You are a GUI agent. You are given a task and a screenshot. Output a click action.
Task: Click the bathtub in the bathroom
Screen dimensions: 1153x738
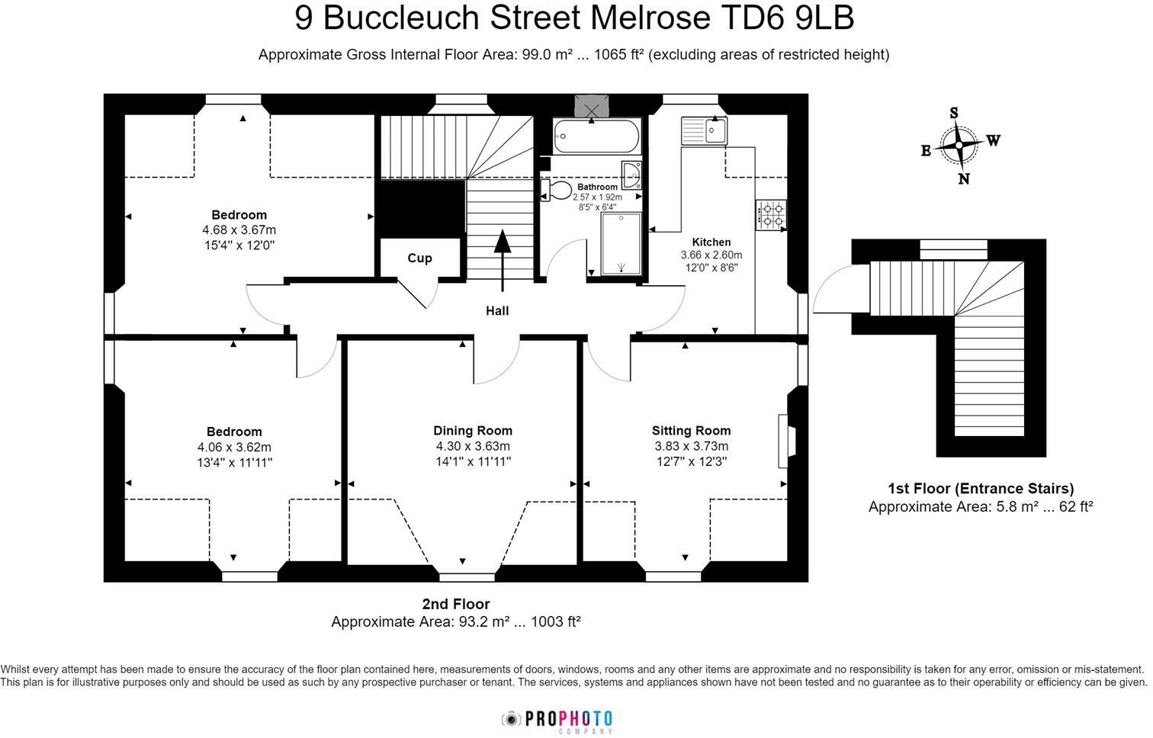pos(597,136)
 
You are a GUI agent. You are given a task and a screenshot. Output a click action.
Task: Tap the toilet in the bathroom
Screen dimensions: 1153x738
pos(556,191)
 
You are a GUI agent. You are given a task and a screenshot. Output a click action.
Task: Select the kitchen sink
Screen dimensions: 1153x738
pos(704,130)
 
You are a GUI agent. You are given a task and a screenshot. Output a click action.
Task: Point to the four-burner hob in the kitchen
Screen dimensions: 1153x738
pos(771,214)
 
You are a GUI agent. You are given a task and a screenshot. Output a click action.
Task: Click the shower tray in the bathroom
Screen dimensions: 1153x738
pos(621,244)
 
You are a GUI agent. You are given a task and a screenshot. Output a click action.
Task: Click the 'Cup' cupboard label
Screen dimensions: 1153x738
pos(419,258)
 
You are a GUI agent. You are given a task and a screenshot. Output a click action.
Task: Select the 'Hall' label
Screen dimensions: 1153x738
pos(497,311)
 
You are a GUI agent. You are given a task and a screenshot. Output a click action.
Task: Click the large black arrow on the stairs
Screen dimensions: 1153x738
pos(503,262)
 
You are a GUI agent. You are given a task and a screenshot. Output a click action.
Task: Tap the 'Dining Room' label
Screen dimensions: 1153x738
pos(473,431)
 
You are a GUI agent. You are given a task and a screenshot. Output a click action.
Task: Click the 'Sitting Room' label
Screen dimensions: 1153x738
pos(692,431)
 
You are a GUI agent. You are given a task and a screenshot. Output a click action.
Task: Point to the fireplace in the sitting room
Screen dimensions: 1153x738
pos(786,441)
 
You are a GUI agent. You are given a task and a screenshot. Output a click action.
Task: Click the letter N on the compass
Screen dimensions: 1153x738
pos(964,178)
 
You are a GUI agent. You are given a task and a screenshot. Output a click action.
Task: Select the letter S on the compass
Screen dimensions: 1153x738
pos(954,113)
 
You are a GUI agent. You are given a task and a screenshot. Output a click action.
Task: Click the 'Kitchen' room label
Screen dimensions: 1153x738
pos(711,242)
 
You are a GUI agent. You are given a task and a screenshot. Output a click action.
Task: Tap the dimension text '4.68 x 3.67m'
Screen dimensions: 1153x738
pos(239,230)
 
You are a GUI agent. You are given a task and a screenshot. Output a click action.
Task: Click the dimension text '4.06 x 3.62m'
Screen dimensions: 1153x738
pos(234,448)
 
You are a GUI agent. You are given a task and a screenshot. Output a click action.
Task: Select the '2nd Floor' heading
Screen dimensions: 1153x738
pos(456,604)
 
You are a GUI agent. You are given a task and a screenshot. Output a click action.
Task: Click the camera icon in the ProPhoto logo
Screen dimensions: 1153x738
pos(511,719)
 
